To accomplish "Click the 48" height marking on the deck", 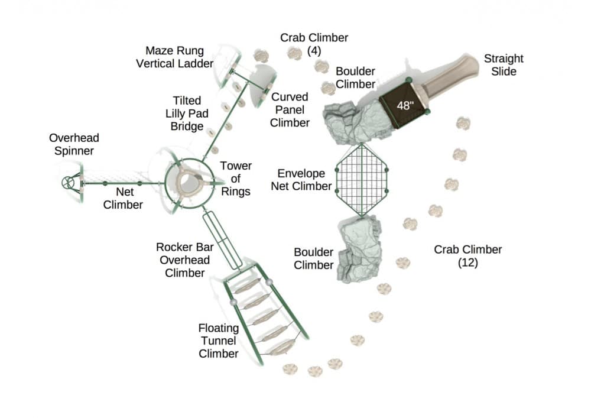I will coord(405,106).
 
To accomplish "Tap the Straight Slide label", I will coord(504,65).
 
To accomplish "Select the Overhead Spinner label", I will coord(74,144).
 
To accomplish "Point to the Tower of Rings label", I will coord(236,179).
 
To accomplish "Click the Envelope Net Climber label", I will coord(301,180).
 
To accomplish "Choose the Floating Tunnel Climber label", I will coord(218,341).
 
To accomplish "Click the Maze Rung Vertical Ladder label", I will coord(175,57).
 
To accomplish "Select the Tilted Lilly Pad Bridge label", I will coord(186,114).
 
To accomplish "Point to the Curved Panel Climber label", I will coord(290,109).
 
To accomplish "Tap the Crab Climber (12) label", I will coord(467,255).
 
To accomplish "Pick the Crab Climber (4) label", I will coord(314,44).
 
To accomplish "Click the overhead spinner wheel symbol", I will coord(69,183).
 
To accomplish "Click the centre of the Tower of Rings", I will coord(189,182).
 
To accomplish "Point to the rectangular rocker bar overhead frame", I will coord(222,239).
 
